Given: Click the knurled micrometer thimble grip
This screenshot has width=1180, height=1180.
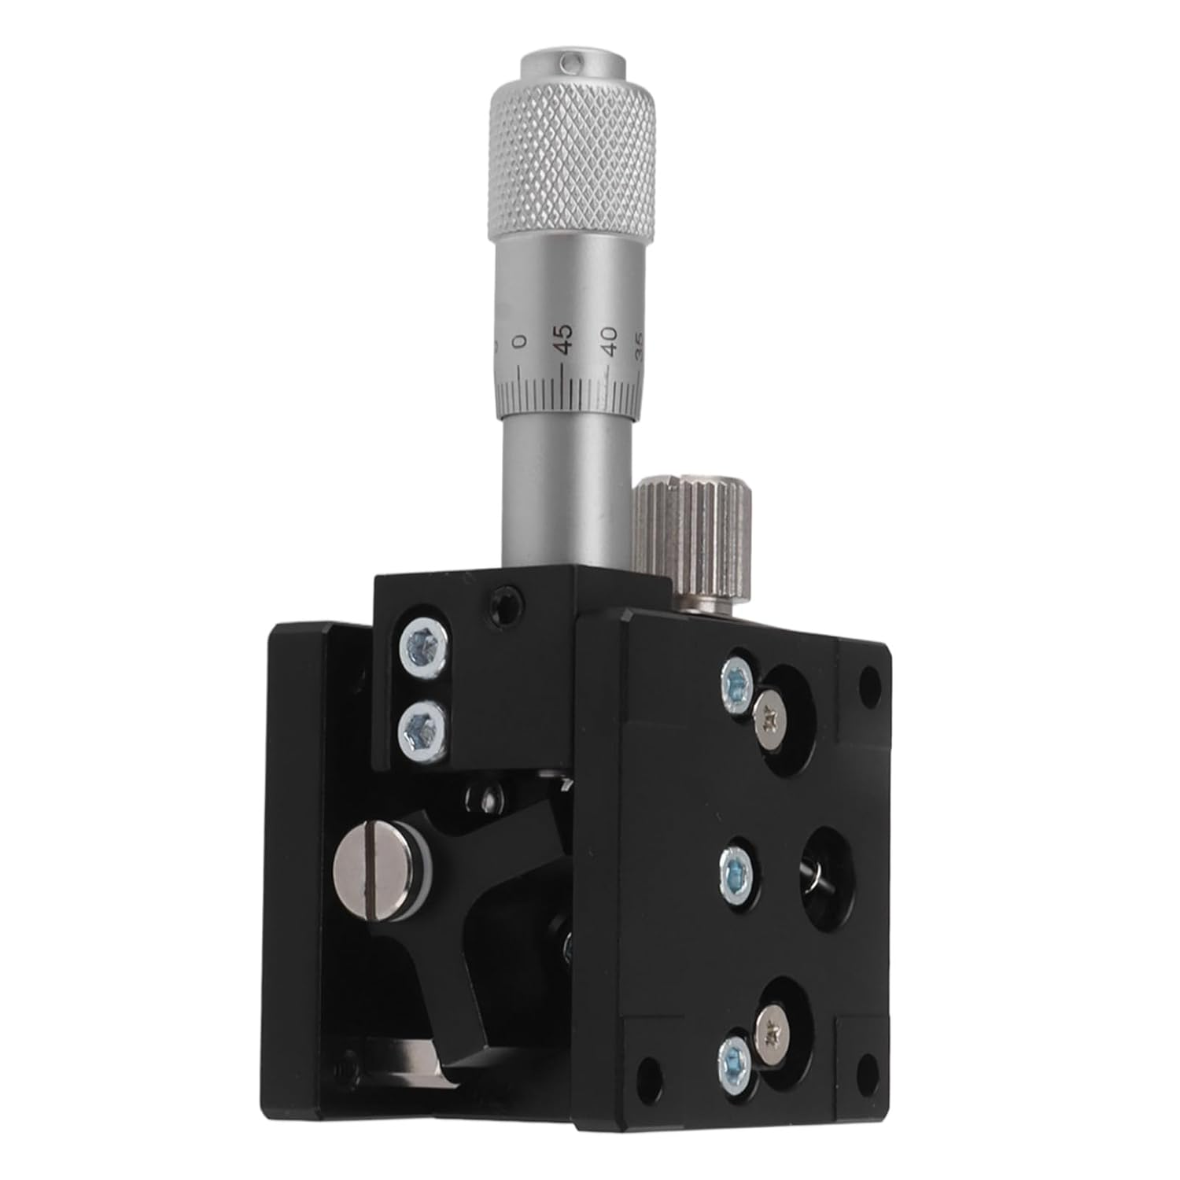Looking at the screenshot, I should click(x=573, y=165).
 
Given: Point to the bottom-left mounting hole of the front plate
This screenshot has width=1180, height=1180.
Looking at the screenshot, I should click(x=649, y=1071).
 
